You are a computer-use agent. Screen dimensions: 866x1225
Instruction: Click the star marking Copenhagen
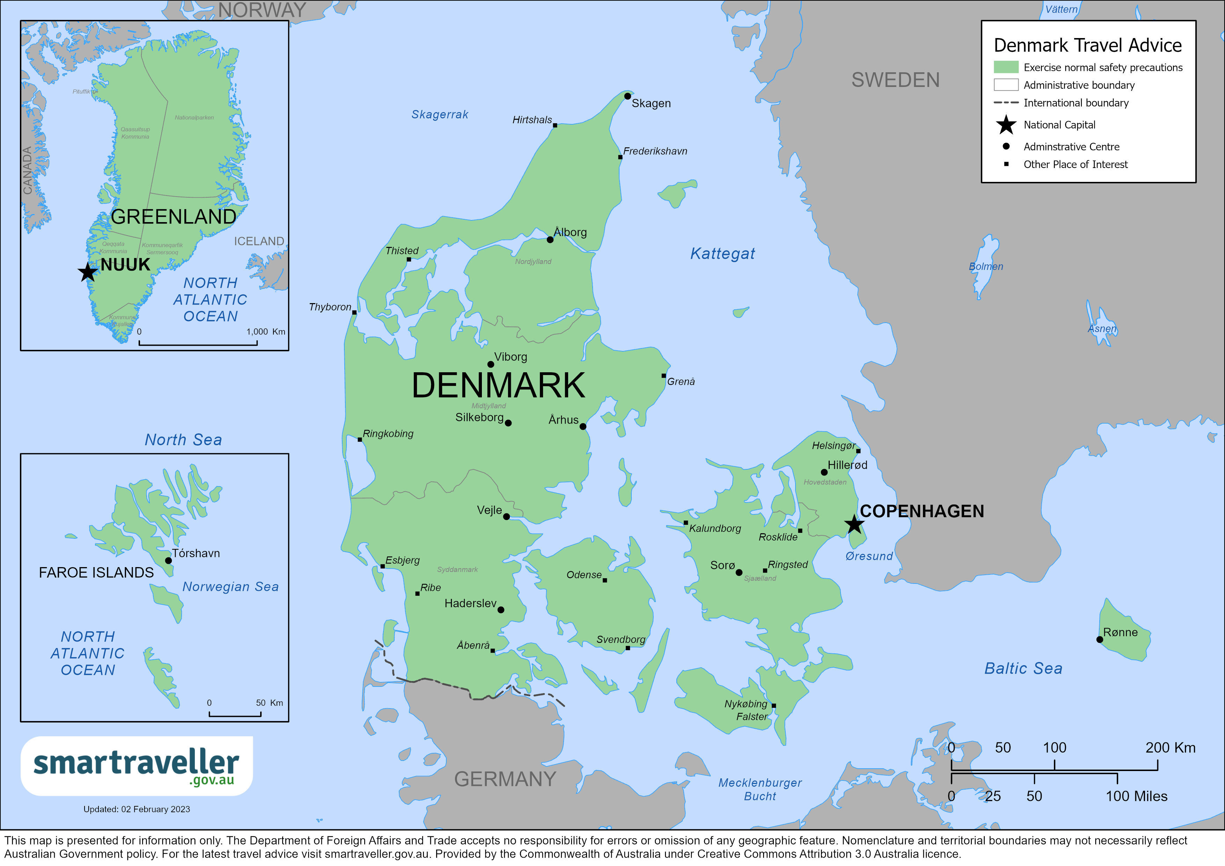click(854, 524)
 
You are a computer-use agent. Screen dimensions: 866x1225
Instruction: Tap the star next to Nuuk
click(88, 272)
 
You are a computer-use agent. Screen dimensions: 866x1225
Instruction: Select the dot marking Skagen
click(628, 96)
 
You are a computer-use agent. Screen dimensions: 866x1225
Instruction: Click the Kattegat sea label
click(722, 254)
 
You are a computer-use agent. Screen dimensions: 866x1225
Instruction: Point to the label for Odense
click(584, 575)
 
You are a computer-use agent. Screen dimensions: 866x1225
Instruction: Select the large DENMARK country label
click(498, 385)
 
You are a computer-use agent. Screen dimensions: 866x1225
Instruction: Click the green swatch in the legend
click(1006, 67)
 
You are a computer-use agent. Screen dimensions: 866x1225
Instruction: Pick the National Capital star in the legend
click(1006, 125)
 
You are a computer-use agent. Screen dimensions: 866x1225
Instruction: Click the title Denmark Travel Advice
click(1087, 45)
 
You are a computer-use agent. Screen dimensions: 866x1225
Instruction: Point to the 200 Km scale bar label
click(1170, 748)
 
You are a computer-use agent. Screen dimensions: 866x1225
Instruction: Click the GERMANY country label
click(505, 779)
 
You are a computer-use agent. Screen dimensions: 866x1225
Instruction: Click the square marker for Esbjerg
click(382, 566)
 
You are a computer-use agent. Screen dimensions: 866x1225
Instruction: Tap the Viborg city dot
click(490, 365)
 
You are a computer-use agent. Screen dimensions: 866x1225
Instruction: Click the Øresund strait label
click(868, 556)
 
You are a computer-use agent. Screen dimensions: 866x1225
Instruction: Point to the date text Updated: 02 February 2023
click(137, 809)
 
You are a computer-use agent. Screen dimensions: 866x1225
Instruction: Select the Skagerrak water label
click(440, 114)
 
